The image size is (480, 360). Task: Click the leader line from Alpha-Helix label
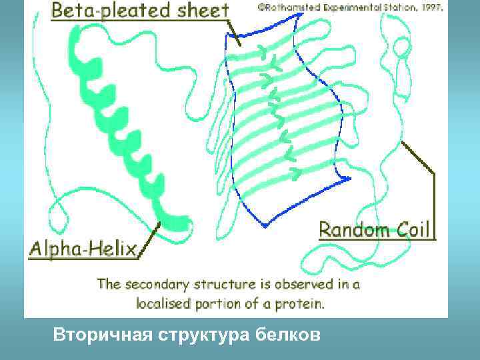[x=151, y=237]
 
